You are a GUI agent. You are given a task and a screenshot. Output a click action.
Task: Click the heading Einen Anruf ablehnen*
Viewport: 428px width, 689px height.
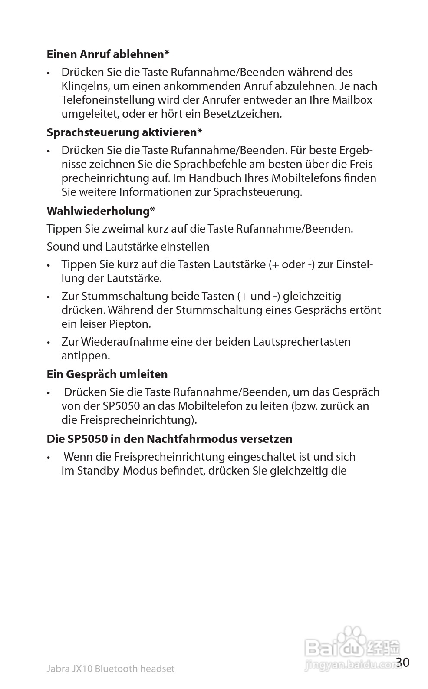108,54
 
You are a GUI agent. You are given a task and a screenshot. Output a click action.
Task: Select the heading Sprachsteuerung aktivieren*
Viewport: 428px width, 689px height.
124,132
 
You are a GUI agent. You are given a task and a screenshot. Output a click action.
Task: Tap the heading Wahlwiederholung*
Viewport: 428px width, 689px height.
101,211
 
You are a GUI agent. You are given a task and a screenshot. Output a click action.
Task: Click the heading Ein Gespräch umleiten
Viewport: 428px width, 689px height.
107,374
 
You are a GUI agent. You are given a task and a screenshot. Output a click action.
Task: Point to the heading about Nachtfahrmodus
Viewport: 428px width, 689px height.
169,438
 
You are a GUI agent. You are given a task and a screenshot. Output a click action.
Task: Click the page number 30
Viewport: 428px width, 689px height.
403,662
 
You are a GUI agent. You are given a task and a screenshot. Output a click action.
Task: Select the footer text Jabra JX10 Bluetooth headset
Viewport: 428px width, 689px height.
110,669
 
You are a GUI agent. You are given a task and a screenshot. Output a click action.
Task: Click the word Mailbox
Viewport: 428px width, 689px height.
352,100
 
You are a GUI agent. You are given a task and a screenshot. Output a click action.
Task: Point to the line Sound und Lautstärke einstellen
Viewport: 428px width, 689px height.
128,247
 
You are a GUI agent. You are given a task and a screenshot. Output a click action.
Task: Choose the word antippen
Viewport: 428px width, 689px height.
86,356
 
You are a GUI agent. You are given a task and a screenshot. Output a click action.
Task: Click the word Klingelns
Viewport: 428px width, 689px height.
86,86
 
